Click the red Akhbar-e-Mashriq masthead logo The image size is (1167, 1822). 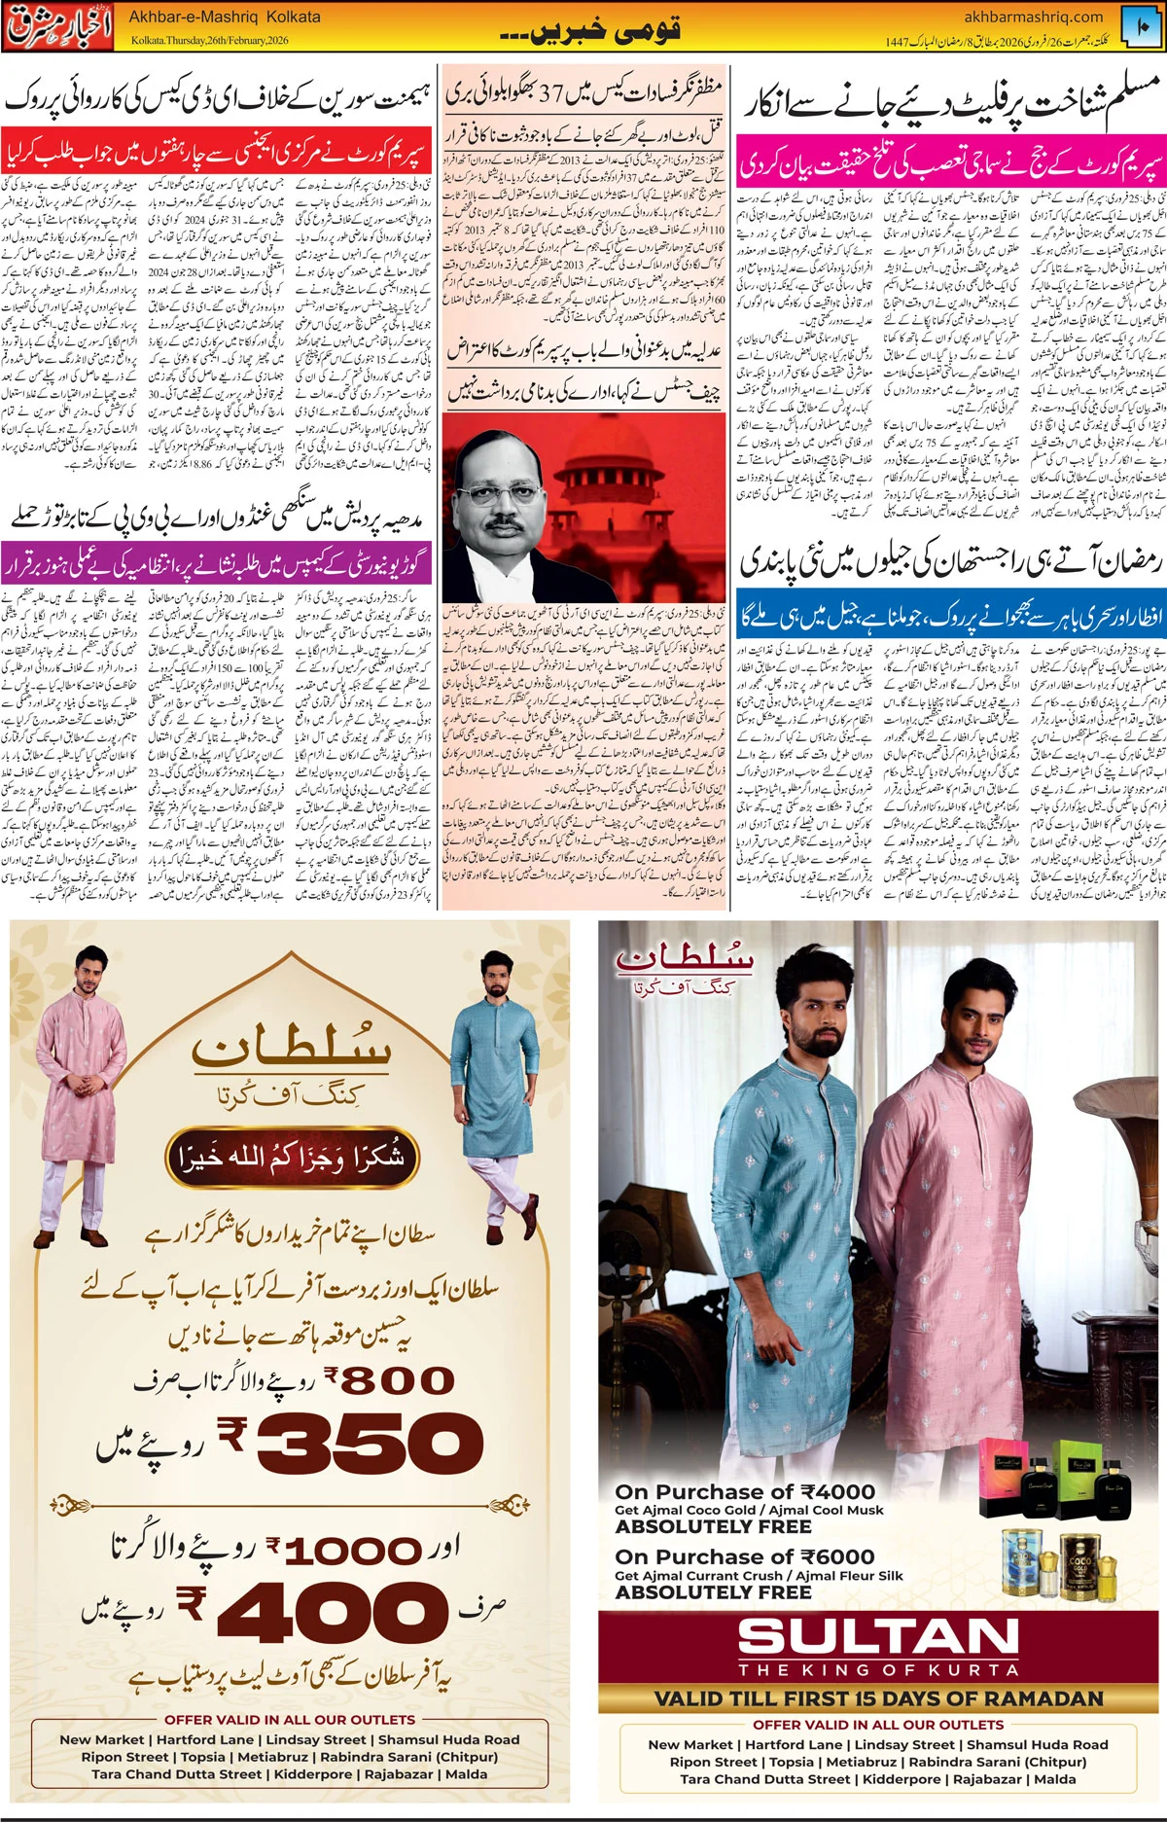point(61,26)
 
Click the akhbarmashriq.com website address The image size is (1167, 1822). point(1033,17)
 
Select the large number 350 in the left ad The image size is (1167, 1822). point(371,1443)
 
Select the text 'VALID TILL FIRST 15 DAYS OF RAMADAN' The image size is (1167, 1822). point(878,1698)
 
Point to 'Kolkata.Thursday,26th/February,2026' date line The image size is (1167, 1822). point(210,41)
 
